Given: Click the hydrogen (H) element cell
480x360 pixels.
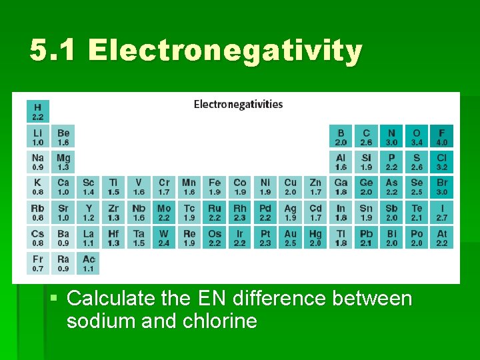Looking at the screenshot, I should point(38,111).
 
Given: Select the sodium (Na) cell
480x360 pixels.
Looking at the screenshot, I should point(38,162).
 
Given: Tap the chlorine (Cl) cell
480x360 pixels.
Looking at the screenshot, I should point(442,162).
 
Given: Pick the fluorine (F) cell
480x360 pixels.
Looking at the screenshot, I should point(442,137).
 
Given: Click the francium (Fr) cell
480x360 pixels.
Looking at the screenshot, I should point(38,263).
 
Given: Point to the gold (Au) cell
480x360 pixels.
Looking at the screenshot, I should point(291,238).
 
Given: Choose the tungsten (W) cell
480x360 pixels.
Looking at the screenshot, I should point(164,238).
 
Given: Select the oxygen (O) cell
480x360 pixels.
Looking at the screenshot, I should point(417,137).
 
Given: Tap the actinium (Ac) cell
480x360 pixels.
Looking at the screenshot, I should point(89,263).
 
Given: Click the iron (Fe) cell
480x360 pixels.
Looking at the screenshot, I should point(215,187).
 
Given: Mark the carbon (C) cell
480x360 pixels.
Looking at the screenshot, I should point(366,137).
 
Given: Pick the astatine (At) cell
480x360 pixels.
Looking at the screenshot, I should point(442,238).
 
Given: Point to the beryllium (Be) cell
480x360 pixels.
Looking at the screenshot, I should point(63,137).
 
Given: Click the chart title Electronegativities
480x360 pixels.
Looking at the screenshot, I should point(238,104).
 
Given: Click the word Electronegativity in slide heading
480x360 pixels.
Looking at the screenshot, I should point(225,51).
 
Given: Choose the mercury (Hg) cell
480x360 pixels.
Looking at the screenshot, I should point(315,238).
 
